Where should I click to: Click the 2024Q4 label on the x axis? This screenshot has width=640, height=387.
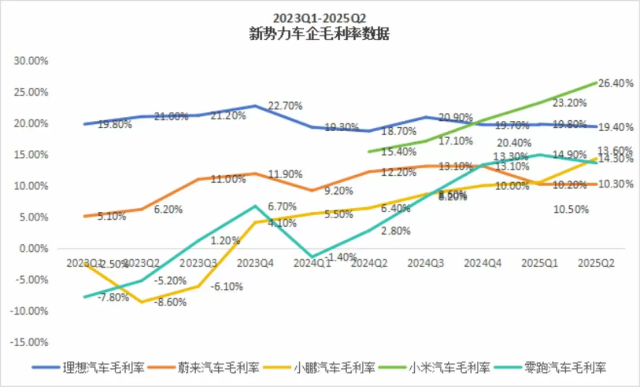[482, 263]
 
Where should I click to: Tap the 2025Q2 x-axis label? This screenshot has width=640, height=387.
[596, 263]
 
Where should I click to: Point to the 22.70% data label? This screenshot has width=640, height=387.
[285, 106]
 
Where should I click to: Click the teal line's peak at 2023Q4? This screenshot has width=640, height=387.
[256, 206]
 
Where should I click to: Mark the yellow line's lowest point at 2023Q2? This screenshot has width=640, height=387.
[141, 302]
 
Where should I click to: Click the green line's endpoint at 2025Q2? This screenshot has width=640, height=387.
[597, 82]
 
